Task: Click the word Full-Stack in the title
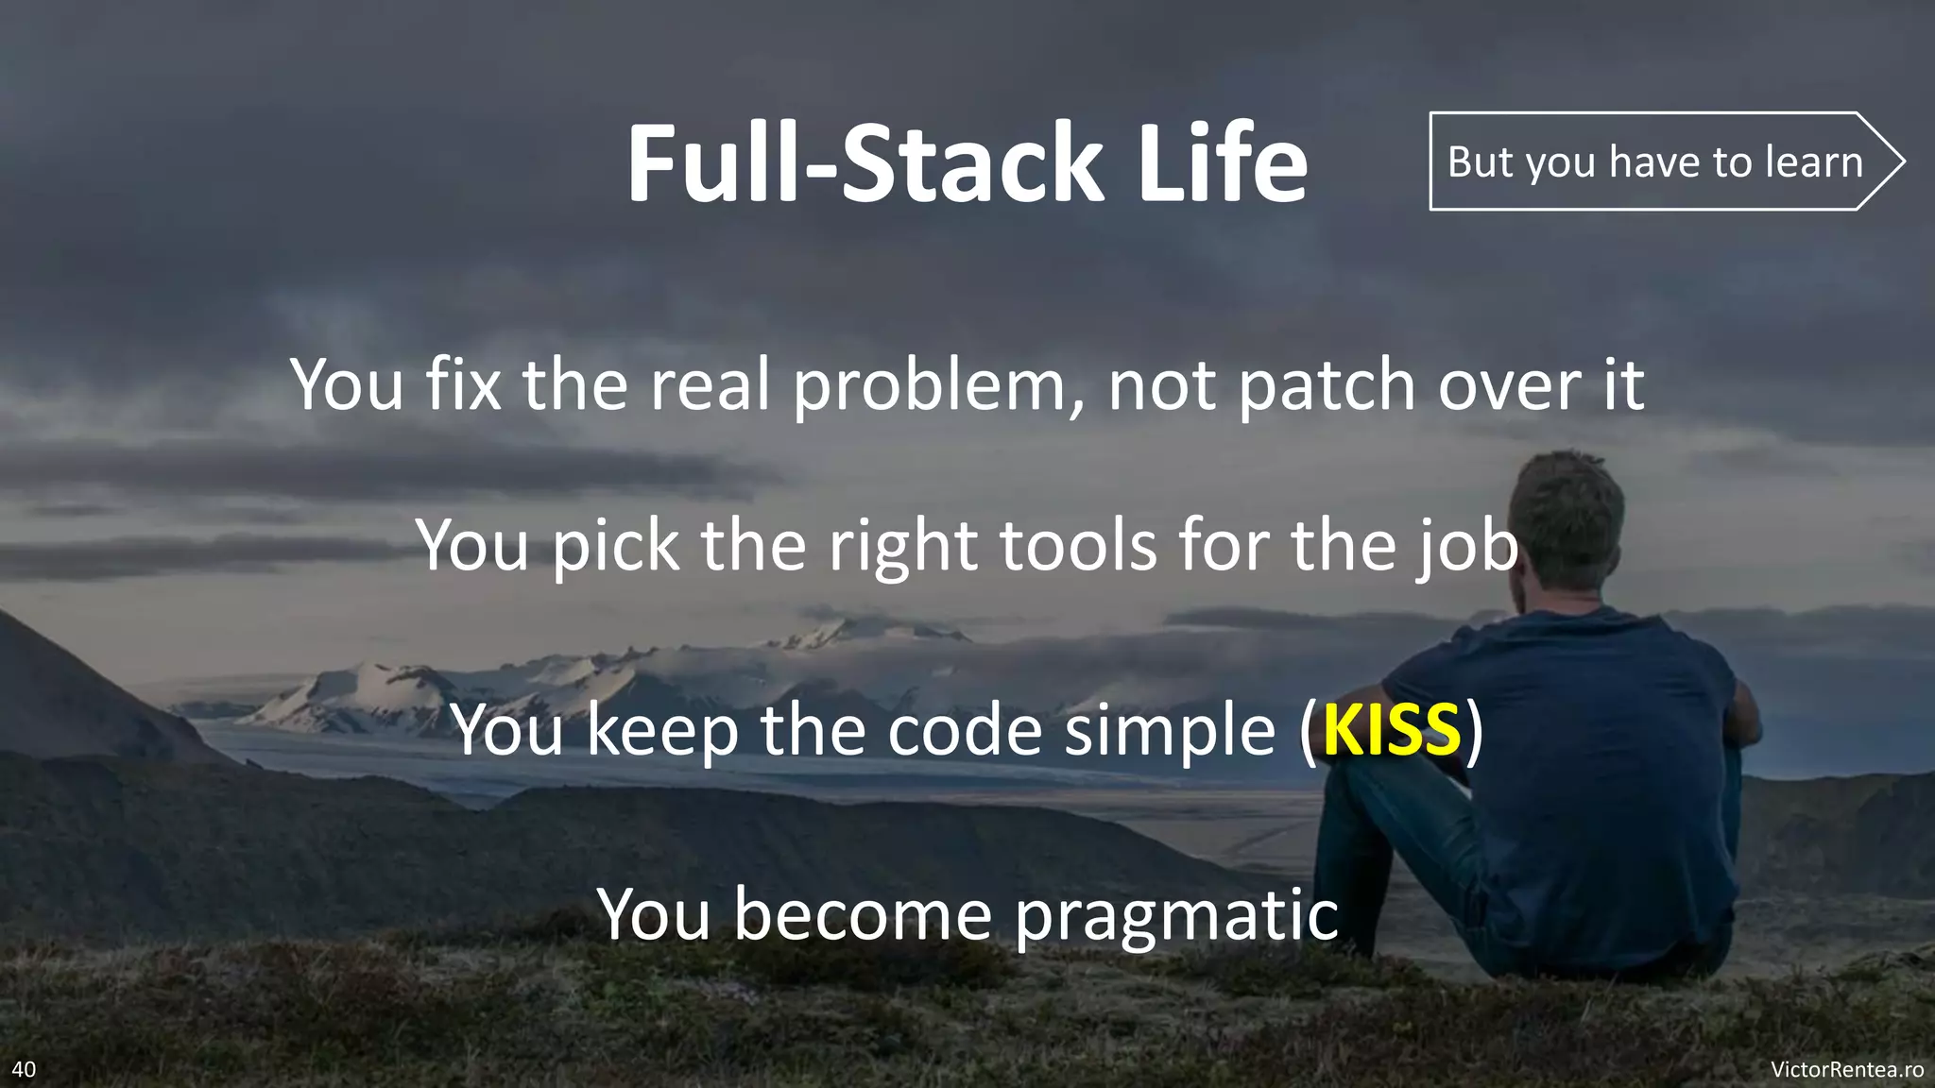pos(865,162)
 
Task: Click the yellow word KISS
pos(1392,730)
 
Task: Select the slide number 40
pos(24,1069)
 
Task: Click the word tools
pos(1078,546)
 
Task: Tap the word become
pos(864,914)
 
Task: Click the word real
pos(710,385)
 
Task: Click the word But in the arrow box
pos(1481,161)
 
